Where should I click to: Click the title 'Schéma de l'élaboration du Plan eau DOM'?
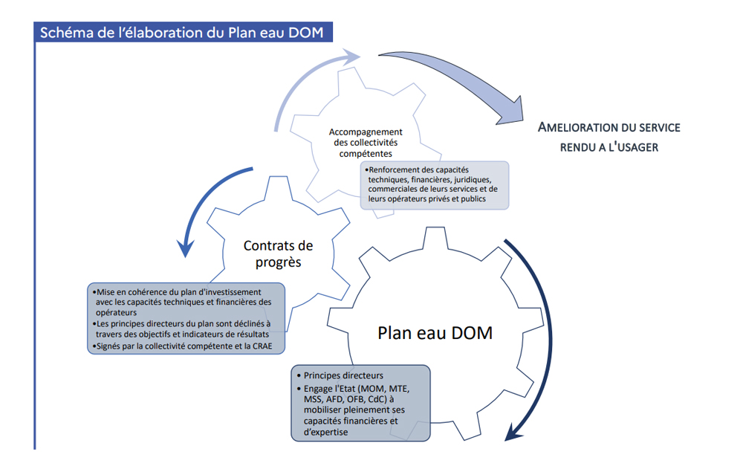[x=183, y=33]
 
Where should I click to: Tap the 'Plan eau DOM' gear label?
[x=435, y=332]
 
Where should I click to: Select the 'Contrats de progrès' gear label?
[x=278, y=253]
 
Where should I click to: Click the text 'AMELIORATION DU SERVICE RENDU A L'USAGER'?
[x=609, y=137]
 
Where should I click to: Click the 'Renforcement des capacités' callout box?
[x=434, y=184]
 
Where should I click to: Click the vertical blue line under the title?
[x=35, y=245]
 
